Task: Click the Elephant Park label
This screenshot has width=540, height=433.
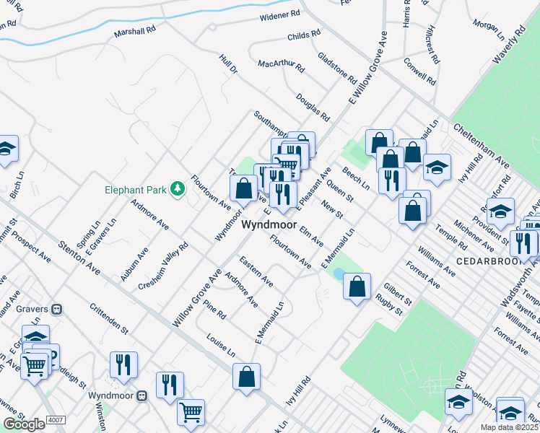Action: (135, 190)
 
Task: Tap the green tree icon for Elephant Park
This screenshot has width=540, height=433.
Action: (177, 189)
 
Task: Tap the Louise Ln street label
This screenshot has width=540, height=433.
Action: (220, 345)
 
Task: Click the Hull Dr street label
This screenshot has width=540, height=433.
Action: (228, 69)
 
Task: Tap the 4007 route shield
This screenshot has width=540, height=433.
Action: (55, 419)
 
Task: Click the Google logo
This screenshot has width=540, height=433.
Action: (24, 424)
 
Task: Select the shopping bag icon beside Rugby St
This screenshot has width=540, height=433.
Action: (357, 287)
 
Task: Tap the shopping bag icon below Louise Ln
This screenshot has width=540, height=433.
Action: (246, 376)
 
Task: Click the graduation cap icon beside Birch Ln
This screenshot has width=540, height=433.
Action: (6, 148)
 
